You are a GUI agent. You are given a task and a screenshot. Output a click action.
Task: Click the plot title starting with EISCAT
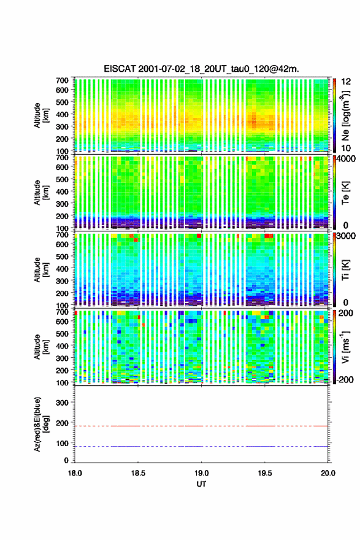point(201,69)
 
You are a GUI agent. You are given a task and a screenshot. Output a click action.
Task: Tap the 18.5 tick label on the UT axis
point(138,473)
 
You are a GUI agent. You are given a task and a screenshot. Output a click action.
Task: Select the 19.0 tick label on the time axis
point(201,473)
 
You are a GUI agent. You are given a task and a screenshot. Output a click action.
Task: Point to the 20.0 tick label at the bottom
point(328,473)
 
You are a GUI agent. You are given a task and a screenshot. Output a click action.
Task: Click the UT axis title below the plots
point(201,484)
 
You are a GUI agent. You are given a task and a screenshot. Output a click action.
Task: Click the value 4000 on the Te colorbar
point(347,160)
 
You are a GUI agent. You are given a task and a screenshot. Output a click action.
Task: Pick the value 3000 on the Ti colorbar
point(347,236)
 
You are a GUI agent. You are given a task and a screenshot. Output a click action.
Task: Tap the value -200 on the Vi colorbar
point(345,380)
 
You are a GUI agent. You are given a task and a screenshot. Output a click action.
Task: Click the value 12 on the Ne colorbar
point(347,82)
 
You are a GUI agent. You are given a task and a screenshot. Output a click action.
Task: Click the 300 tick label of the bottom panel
point(63,403)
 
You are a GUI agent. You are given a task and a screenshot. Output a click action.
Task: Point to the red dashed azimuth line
point(201,426)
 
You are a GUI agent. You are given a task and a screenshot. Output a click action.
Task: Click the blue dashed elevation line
point(201,446)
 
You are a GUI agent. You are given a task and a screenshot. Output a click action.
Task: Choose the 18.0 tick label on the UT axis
point(75,473)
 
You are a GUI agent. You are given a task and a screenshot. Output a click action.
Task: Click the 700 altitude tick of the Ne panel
point(63,80)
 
